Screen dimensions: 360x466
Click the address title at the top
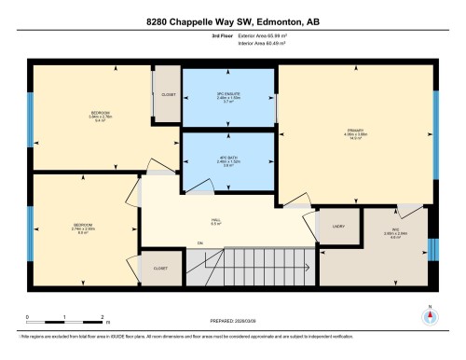coord(233,20)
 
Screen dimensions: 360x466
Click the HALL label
coord(215,222)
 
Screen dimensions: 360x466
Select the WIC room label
coord(370,236)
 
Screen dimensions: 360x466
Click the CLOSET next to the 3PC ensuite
coord(168,94)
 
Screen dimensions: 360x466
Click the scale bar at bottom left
coord(64,317)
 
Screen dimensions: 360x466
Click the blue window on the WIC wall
coord(431,250)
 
